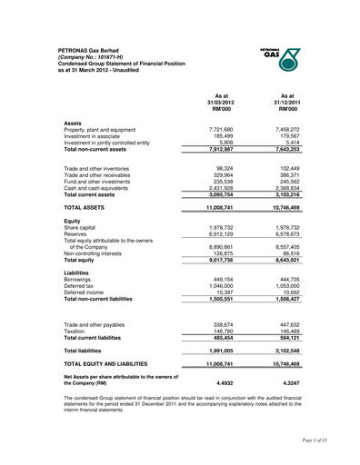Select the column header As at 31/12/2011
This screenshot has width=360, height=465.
288,102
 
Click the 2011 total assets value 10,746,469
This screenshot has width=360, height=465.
286,208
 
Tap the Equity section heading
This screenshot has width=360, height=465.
72,221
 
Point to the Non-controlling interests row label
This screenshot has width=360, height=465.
99,254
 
